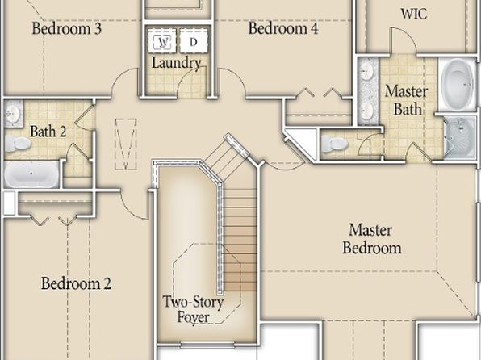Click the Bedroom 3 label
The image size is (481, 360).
(66, 28)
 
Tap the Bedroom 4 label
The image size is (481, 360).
(283, 28)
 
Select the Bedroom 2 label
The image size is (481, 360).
(76, 283)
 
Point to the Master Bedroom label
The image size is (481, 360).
(371, 239)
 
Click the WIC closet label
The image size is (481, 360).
(414, 14)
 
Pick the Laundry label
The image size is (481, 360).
(177, 63)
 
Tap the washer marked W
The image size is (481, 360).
(162, 41)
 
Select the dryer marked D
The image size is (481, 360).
(194, 41)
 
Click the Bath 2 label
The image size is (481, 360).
(48, 132)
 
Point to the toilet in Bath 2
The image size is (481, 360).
(17, 144)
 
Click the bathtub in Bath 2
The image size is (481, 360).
(31, 174)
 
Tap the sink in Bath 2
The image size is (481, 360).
(13, 113)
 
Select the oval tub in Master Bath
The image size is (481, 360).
(458, 84)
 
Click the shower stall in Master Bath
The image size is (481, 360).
(460, 137)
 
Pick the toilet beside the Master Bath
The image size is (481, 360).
(334, 144)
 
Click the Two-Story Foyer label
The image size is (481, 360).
(193, 309)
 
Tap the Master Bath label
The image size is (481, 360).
(407, 100)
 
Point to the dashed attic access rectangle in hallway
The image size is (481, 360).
(126, 144)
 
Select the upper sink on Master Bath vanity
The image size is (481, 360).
(367, 71)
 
